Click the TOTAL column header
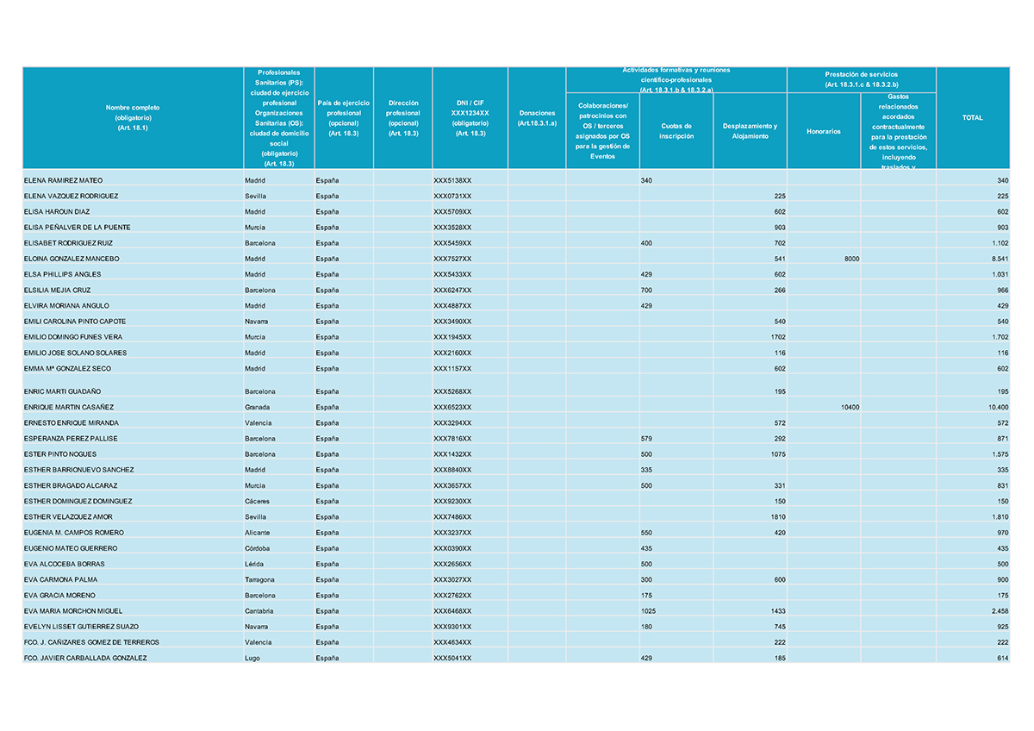pos(972,117)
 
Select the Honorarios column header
pos(823,131)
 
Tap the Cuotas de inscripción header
pos(676,131)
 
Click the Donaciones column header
pos(537,118)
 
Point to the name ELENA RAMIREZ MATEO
pos(63,180)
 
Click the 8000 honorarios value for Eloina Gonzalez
pos(850,259)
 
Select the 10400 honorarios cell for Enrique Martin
pos(849,407)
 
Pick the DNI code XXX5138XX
pos(452,180)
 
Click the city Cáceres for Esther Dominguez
pos(258,501)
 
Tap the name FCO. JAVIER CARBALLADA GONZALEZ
pos(85,658)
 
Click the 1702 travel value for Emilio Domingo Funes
pos(777,337)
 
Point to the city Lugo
pos(252,658)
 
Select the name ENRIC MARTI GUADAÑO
pos(65,391)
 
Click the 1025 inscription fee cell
pos(650,611)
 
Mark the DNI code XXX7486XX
pos(452,516)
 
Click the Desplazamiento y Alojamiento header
pos(750,131)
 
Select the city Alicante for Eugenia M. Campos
pos(258,533)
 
